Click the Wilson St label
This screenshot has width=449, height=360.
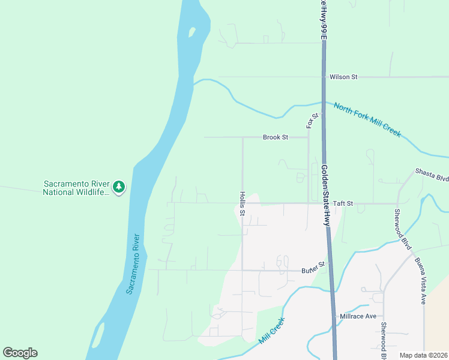pos(343,77)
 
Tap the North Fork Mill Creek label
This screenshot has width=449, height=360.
pos(367,119)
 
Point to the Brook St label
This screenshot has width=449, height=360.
pos(276,137)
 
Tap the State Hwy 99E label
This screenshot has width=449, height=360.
pos(323,19)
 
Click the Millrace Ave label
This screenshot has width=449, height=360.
pos(358,316)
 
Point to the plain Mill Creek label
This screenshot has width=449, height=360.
pos(271,331)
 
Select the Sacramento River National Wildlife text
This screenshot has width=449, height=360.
pos(76,188)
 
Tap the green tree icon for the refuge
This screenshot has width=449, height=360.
pos(119,187)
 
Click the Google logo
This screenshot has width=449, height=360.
pos(20,353)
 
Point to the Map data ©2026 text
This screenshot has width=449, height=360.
pos(423,355)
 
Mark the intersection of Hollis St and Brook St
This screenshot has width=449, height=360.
pos(243,137)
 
